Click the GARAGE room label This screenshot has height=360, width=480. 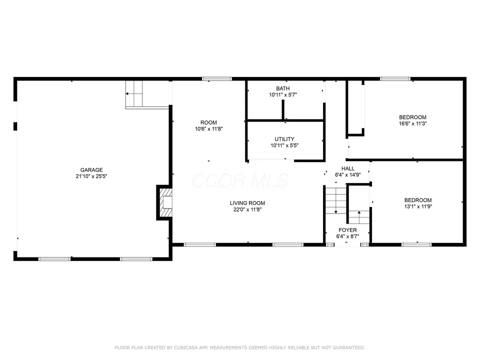tap(91, 170)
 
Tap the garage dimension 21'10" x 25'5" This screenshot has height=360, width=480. tap(91, 176)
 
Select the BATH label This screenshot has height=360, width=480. tap(283, 88)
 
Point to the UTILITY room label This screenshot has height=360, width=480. tap(284, 139)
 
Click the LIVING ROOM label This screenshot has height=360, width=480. tap(247, 203)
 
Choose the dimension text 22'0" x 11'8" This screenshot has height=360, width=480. tap(247, 209)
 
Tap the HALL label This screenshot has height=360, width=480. tap(348, 168)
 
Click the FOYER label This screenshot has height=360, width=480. tap(347, 230)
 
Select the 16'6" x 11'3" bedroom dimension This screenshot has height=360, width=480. tap(412, 123)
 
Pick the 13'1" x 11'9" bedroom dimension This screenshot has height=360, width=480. tap(418, 206)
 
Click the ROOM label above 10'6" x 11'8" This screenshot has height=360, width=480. tap(208, 122)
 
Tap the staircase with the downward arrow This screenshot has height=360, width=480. tap(336, 200)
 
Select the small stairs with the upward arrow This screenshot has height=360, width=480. tap(359, 217)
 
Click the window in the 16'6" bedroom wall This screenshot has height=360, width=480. tap(395, 79)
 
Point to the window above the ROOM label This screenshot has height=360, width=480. tap(217, 79)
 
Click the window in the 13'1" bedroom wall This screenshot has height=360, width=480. tap(416, 244)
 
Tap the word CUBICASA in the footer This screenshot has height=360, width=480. tap(186, 347)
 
